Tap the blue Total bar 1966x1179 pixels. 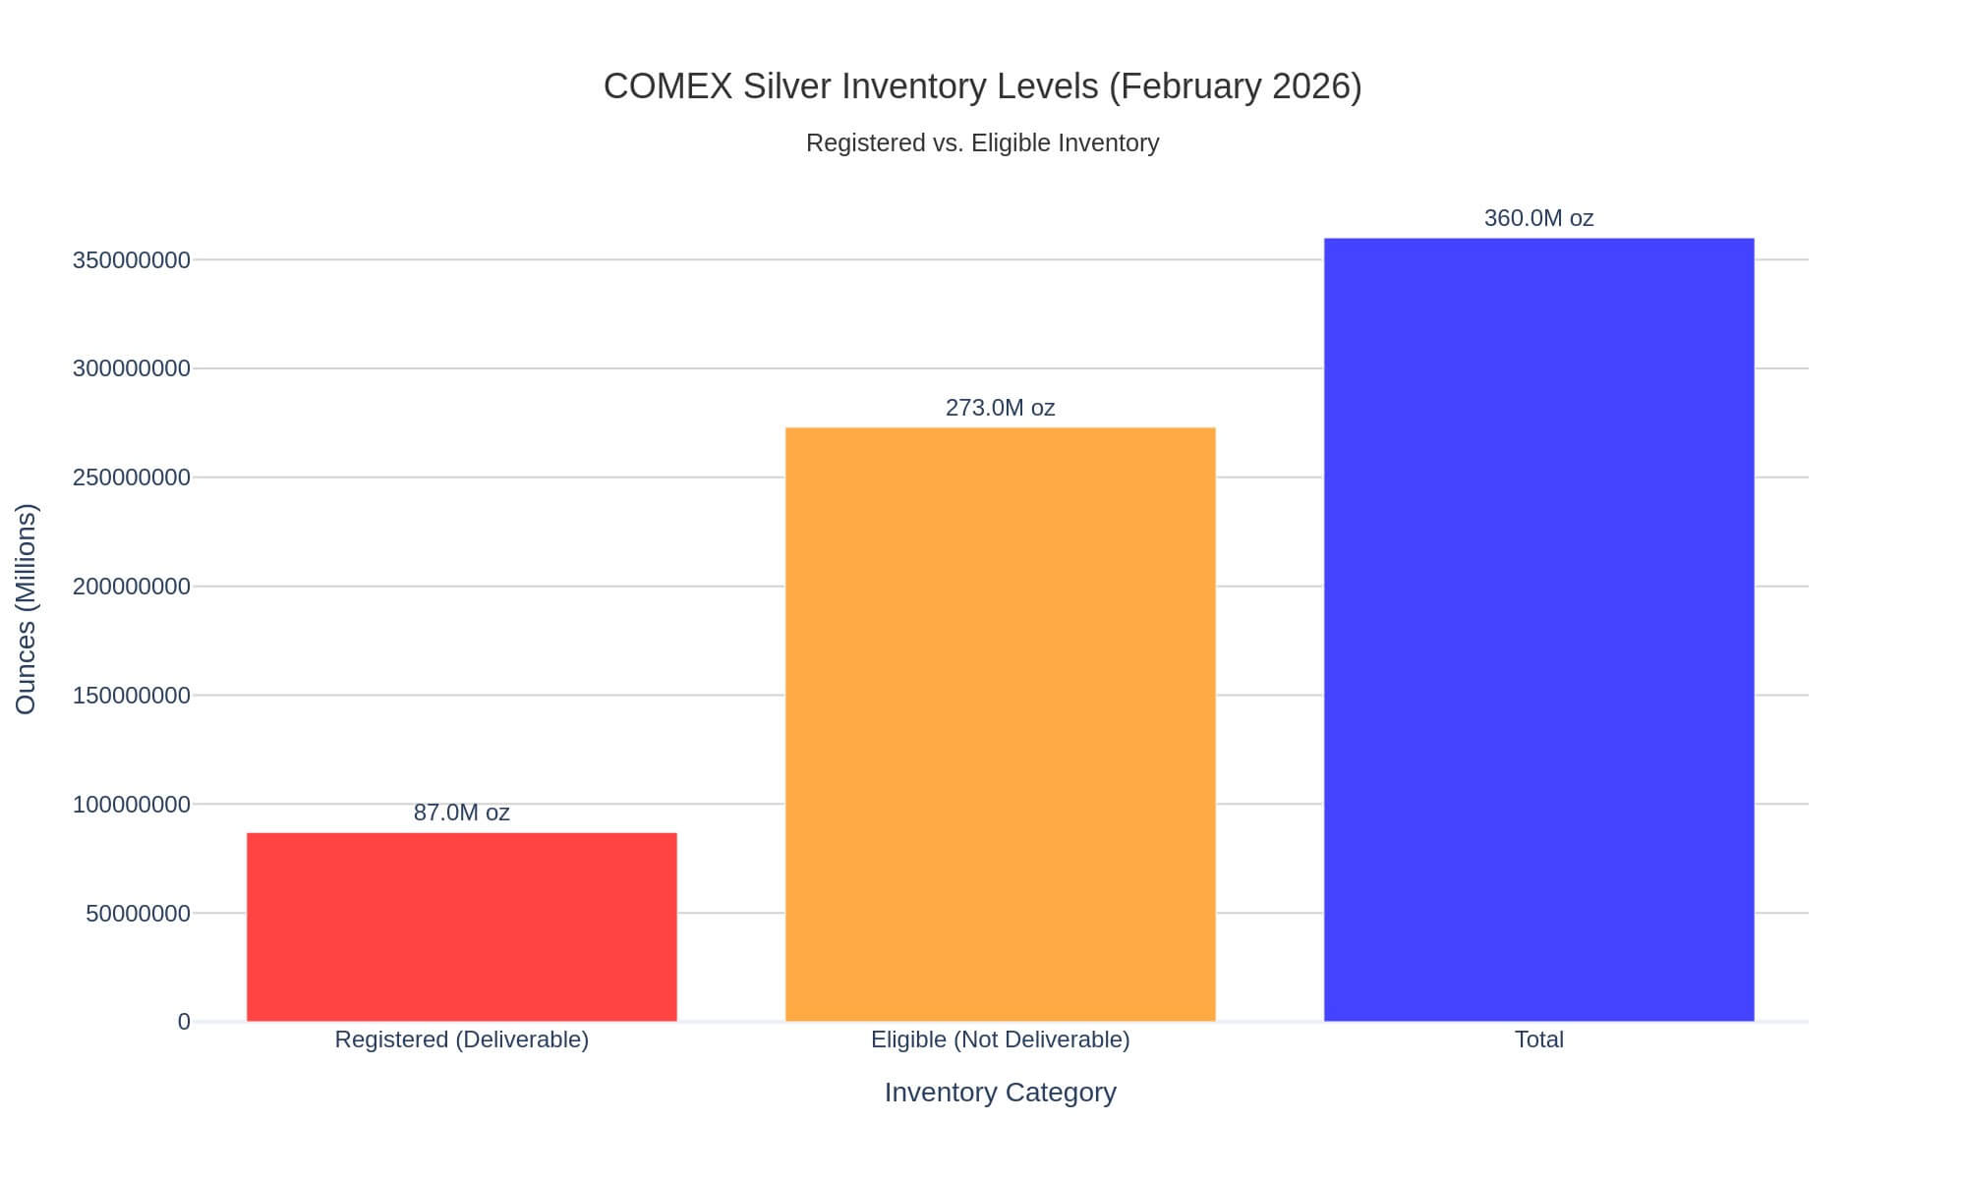point(1538,629)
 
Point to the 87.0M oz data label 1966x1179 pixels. point(461,813)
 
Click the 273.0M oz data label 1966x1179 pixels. point(1000,408)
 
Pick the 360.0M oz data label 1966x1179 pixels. point(1538,218)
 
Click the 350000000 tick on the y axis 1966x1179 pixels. point(132,260)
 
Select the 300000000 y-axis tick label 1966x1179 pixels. point(132,369)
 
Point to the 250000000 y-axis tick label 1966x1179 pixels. point(132,477)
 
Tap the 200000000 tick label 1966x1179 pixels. point(132,587)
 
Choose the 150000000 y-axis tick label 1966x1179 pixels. point(132,696)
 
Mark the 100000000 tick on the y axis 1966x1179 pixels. point(132,805)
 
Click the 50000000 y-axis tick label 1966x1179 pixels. point(138,914)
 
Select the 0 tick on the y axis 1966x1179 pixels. point(184,1022)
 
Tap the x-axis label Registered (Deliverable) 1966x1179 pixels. point(461,1039)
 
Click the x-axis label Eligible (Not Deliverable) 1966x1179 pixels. point(1000,1039)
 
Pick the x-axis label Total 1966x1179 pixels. point(1538,1039)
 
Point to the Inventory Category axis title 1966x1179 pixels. point(1000,1093)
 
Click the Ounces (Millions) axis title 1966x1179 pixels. point(27,609)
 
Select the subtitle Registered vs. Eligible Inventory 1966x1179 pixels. point(982,143)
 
